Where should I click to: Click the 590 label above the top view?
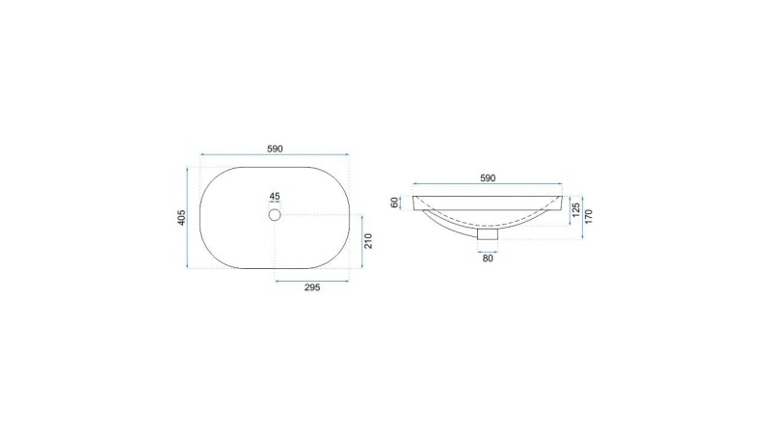point(275,149)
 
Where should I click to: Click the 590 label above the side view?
point(488,178)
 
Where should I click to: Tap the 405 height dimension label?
point(181,218)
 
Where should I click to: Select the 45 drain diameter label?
point(275,196)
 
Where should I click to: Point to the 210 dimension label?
point(368,241)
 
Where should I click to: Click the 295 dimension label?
point(312,287)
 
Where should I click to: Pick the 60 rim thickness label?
point(394,203)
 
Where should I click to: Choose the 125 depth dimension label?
point(576,210)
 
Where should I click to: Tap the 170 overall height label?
point(589,216)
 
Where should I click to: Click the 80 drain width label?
point(488,258)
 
